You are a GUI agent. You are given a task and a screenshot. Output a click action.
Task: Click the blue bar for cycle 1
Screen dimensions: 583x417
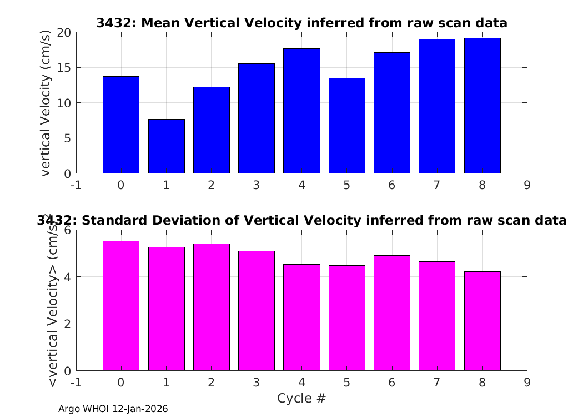[x=166, y=146]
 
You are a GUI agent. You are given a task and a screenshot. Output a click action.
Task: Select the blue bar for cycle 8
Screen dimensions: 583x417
[x=483, y=106]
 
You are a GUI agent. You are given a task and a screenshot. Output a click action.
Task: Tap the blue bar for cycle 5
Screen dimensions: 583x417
[x=347, y=126]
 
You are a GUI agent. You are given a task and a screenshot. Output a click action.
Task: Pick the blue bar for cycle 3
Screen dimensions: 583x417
[x=257, y=118]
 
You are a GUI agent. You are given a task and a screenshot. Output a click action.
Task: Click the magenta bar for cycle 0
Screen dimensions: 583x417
[x=121, y=306]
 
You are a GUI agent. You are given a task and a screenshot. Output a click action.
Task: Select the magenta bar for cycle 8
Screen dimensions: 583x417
[x=483, y=321]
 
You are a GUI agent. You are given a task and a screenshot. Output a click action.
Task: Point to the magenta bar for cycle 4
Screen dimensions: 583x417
[x=301, y=317]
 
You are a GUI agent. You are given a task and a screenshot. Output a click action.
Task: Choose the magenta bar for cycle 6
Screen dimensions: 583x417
[x=392, y=312]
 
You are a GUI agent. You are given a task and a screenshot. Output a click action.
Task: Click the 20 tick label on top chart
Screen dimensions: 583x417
[x=64, y=33]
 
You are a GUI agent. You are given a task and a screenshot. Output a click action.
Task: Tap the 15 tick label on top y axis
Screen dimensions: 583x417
[x=64, y=68]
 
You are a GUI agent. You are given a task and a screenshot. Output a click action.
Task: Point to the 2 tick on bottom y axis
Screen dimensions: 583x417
[x=67, y=324]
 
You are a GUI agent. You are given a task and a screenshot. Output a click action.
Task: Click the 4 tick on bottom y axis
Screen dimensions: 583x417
[x=67, y=277]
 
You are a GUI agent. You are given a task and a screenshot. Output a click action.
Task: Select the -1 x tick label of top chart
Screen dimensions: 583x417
[x=76, y=185]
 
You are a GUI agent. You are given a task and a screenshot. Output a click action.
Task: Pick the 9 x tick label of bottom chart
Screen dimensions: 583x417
[x=527, y=383]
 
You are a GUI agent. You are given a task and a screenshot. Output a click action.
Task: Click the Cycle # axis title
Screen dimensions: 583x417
[x=301, y=398]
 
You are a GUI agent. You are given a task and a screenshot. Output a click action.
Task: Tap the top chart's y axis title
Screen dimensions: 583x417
[x=45, y=103]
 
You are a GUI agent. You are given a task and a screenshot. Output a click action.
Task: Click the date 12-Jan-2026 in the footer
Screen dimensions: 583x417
[x=140, y=409]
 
